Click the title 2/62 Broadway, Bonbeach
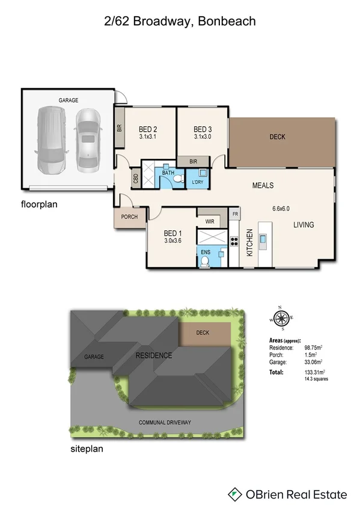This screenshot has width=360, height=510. point(180,21)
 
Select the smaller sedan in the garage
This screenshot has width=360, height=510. point(88,140)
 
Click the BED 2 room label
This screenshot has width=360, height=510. point(148,129)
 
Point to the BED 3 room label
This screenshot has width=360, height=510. point(203,129)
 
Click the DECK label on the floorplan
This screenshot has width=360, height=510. point(277,137)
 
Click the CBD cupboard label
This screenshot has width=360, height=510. point(135,179)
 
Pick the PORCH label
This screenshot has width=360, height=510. point(129,217)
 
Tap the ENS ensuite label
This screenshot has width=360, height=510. point(205,252)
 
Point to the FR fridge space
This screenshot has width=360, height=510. point(236,214)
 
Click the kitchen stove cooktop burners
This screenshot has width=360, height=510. point(234,242)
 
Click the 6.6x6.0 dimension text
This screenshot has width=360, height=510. point(281,209)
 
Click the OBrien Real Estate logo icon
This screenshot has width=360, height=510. point(235,494)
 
